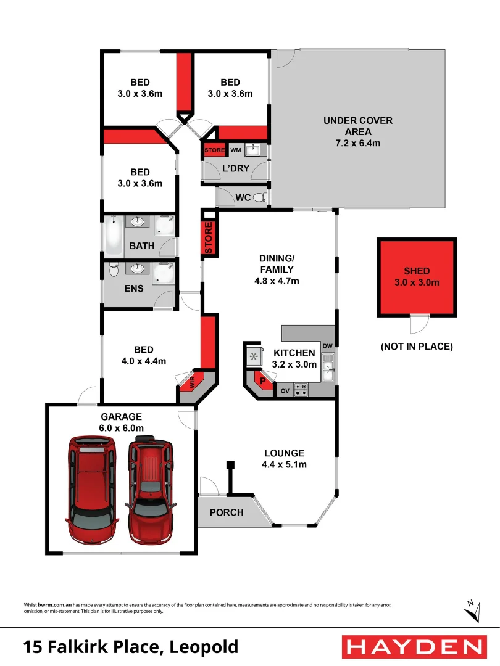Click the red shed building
point(417,278)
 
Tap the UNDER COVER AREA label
point(357,131)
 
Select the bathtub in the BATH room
point(114,236)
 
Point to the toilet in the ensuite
point(114,270)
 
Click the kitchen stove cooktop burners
point(301,389)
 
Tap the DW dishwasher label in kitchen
point(328,346)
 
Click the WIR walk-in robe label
point(192,383)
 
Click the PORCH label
point(227,512)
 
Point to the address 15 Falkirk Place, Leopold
point(131,647)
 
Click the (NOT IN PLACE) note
point(417,347)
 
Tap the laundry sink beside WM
point(253,150)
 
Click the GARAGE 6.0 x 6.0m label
point(122,422)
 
